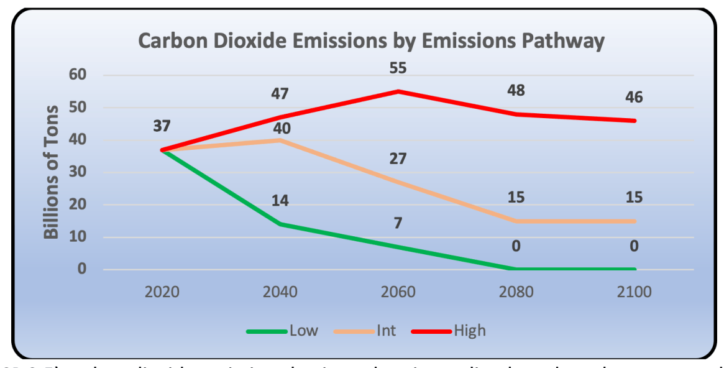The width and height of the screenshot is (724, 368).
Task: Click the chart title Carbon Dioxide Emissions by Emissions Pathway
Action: point(371,41)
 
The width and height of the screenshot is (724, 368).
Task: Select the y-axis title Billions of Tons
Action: point(52,172)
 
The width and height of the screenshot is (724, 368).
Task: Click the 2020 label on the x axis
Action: point(162,292)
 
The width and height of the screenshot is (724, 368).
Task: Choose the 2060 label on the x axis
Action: point(398,292)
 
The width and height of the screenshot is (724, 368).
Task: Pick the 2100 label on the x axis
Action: point(635,292)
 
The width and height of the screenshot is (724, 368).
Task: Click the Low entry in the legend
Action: point(303,330)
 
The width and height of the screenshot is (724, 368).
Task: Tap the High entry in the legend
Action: point(469,330)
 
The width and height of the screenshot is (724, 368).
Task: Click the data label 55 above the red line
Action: point(398,68)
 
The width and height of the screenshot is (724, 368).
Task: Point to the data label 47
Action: point(280,94)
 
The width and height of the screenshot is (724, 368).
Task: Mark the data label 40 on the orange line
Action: point(280,129)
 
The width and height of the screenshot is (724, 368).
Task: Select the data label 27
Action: point(398,158)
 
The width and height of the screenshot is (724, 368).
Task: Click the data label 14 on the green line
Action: point(280,201)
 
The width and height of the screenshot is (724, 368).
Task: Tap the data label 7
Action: point(398,223)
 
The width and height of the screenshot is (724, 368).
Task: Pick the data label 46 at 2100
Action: point(635,97)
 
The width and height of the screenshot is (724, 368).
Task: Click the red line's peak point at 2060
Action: point(398,91)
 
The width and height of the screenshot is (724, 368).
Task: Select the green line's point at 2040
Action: point(280,224)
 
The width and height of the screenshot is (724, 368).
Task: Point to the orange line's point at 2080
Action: point(516,221)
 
